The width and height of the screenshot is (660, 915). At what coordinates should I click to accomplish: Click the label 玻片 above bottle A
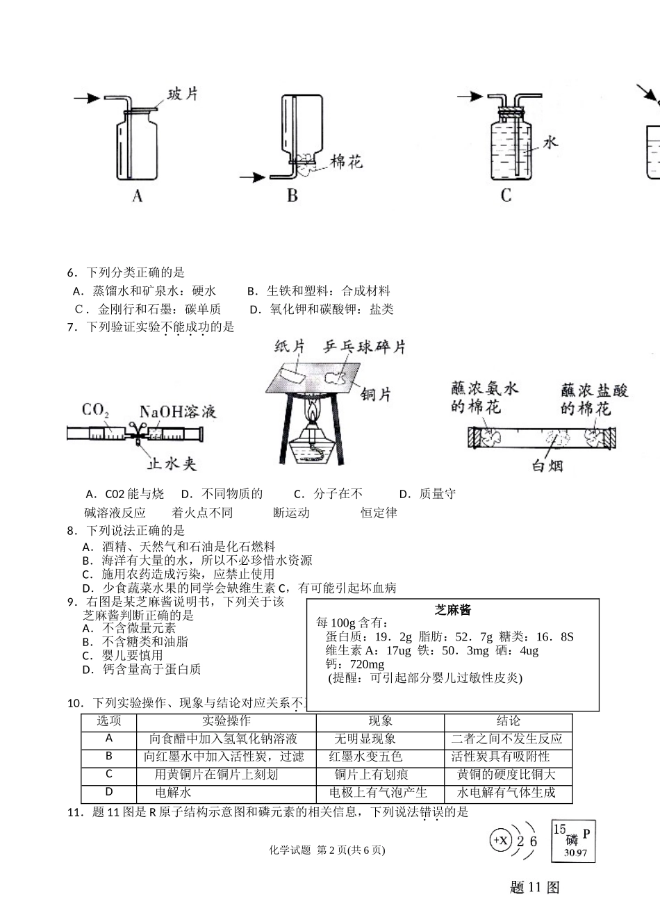183,93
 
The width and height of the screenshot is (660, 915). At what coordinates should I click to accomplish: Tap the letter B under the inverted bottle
292,197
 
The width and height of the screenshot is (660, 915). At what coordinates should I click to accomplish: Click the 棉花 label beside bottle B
346,162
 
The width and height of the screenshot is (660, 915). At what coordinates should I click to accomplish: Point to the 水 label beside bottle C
550,142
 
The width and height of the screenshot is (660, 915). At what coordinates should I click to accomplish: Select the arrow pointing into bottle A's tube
87,99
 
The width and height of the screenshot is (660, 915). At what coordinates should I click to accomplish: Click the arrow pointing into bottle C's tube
470,97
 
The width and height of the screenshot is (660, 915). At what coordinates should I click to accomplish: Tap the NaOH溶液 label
177,412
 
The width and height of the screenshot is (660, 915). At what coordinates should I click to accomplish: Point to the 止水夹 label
171,463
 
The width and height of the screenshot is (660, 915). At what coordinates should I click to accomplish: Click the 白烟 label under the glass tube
547,465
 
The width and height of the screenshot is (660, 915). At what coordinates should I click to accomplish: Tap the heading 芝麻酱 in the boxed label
453,610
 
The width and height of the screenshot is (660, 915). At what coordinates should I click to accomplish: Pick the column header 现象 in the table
380,721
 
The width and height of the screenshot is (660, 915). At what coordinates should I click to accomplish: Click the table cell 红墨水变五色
365,757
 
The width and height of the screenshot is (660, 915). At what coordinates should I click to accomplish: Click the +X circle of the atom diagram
501,840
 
